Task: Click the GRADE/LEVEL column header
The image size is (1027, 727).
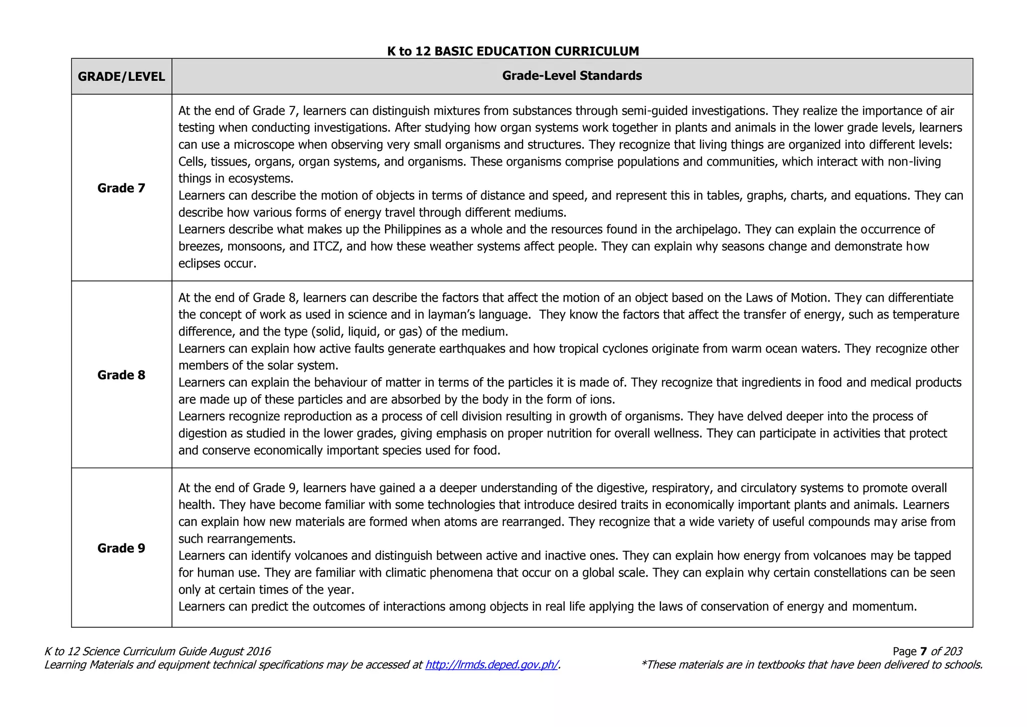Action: [121, 77]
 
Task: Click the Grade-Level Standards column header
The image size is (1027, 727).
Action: [572, 76]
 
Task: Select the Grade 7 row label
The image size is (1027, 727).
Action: [121, 188]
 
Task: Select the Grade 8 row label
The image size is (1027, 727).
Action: [121, 375]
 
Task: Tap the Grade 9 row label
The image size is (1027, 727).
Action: [121, 548]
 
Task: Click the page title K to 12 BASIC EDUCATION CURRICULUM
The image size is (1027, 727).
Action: [513, 51]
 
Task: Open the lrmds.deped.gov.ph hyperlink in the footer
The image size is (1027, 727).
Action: [491, 665]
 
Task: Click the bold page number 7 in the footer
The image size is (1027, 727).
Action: [923, 651]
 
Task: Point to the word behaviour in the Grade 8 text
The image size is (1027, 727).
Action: [341, 382]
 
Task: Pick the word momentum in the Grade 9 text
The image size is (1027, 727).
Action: [883, 607]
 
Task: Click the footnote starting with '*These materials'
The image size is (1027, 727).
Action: [811, 665]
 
